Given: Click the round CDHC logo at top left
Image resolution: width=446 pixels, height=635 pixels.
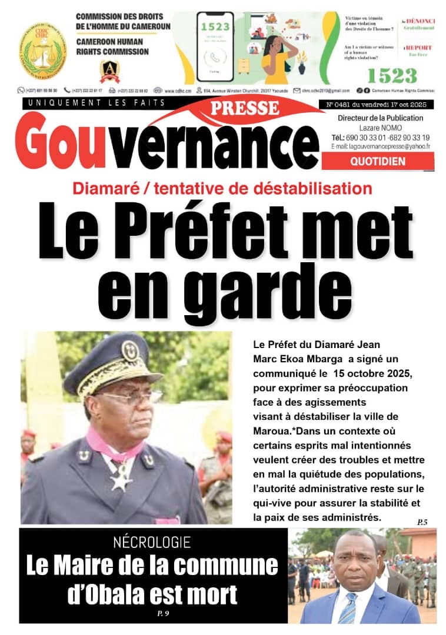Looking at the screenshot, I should (x=42, y=51).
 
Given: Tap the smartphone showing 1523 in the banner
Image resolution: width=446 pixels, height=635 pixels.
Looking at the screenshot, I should (x=215, y=47).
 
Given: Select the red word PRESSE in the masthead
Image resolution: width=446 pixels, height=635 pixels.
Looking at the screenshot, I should (x=244, y=108).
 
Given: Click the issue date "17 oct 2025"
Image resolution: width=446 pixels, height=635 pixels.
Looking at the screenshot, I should (x=407, y=105).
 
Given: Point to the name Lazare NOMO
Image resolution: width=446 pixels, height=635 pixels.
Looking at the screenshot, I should (x=380, y=128).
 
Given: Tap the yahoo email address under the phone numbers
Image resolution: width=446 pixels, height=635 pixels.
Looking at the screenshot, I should (x=380, y=146).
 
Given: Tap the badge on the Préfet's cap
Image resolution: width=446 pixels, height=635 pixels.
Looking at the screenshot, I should (x=129, y=350).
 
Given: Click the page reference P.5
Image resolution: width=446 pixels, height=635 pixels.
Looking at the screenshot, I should (x=422, y=522).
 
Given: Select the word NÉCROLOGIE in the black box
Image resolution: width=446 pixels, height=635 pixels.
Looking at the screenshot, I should (x=152, y=543).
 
